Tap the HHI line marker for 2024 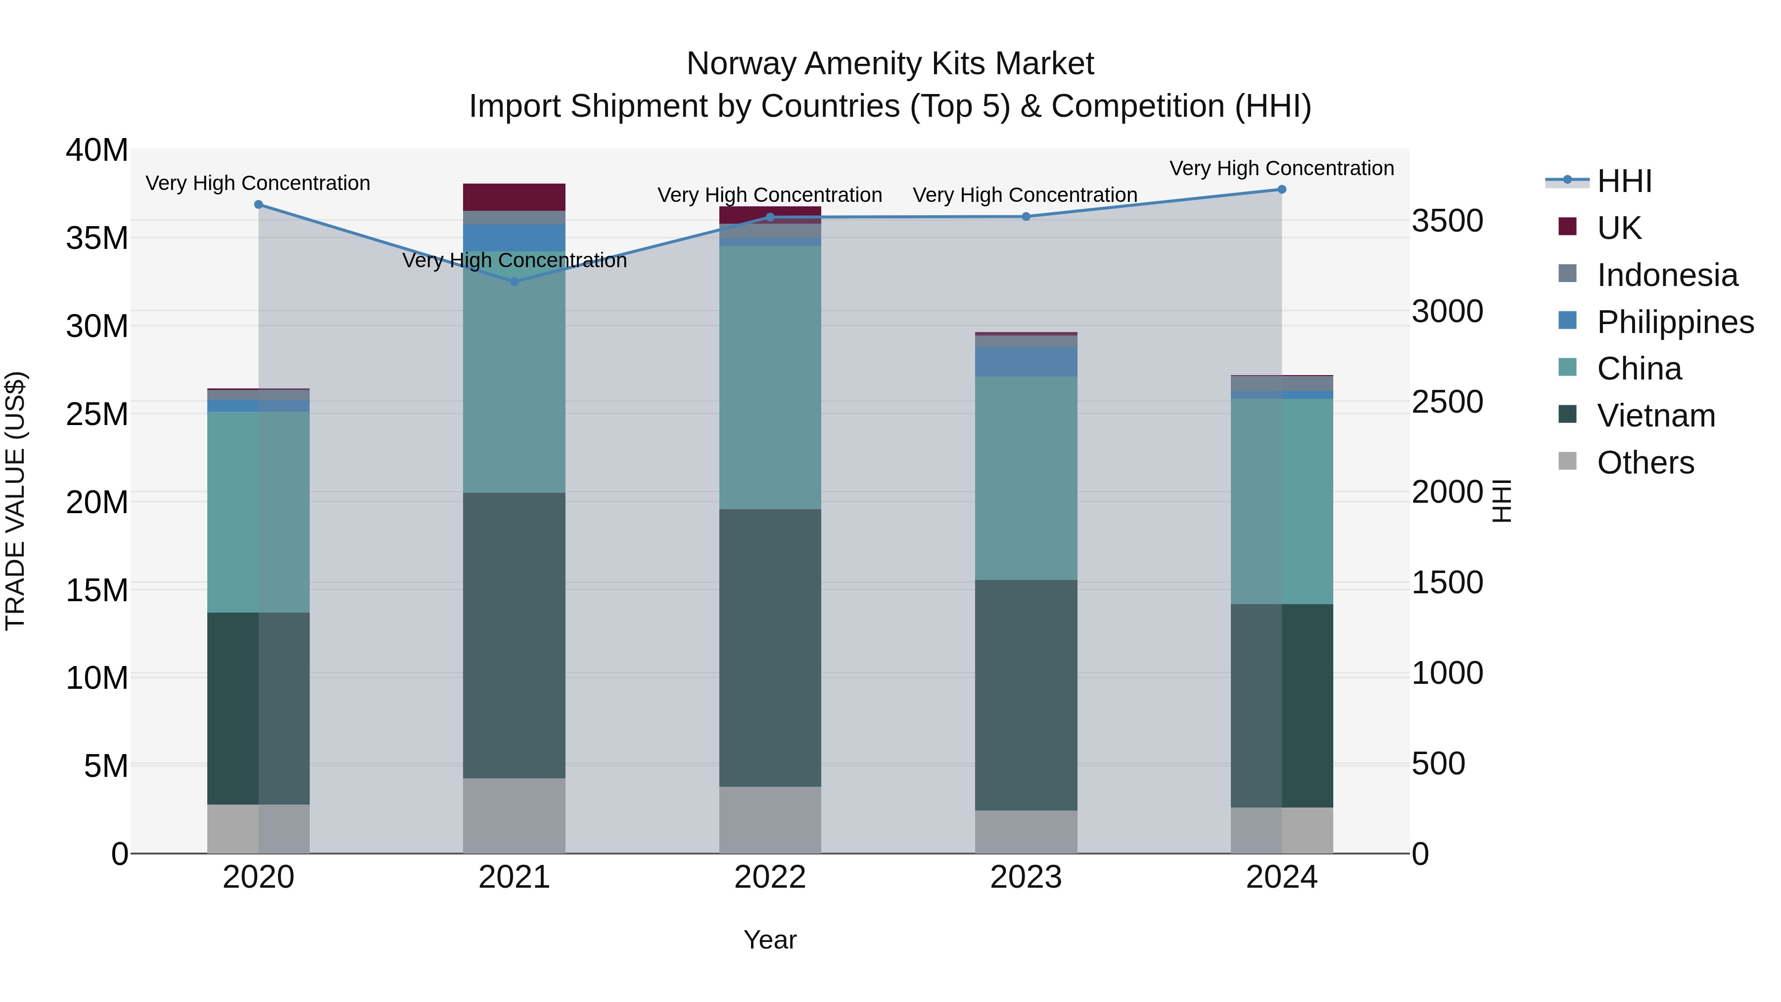click(1281, 190)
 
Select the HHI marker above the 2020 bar click(259, 205)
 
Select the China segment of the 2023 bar click(1026, 478)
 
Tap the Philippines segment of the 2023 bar click(1026, 362)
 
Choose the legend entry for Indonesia click(1666, 275)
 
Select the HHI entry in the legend click(1623, 181)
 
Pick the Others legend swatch click(1567, 461)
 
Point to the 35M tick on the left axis click(97, 238)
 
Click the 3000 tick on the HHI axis click(1447, 311)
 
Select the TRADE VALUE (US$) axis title click(15, 501)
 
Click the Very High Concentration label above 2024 click(1281, 168)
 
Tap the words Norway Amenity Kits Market click(890, 64)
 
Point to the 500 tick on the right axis click(1438, 763)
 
